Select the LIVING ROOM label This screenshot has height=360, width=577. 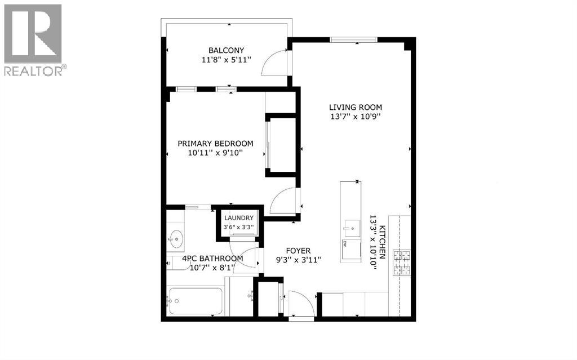coord(356,107)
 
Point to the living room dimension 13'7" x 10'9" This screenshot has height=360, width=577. coord(356,117)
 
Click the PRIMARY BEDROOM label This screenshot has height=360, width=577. coord(215,143)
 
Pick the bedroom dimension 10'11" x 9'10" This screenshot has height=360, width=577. coord(215,153)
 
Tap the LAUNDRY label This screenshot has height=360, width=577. coord(239,218)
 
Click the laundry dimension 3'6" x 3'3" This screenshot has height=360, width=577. coord(239,227)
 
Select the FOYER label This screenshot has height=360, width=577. coord(298,251)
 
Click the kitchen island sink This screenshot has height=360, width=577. coord(351,227)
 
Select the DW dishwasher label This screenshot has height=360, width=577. coord(344,244)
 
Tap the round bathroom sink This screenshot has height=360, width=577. coord(176,239)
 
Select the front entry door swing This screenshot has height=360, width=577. coord(301,304)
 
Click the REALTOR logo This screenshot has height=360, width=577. coord(33,39)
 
